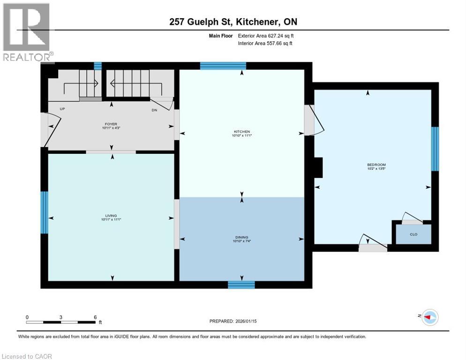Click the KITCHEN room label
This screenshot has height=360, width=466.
(242, 132)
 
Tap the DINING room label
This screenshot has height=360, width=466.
(242, 238)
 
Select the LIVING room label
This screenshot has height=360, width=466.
(111, 216)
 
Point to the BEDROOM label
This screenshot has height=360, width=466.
(376, 165)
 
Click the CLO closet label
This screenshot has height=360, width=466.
(413, 234)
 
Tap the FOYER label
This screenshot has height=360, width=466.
(111, 124)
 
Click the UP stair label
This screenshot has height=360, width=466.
(62, 109)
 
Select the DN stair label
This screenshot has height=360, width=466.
(155, 111)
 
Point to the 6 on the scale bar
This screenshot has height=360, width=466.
(95, 317)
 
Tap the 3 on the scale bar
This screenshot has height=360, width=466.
(61, 317)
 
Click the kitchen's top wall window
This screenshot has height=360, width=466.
(223, 66)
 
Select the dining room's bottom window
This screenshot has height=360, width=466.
(241, 285)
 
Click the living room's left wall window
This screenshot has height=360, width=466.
(44, 212)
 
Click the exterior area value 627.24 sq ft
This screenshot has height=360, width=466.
(281, 36)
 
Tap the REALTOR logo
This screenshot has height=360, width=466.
(27, 33)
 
